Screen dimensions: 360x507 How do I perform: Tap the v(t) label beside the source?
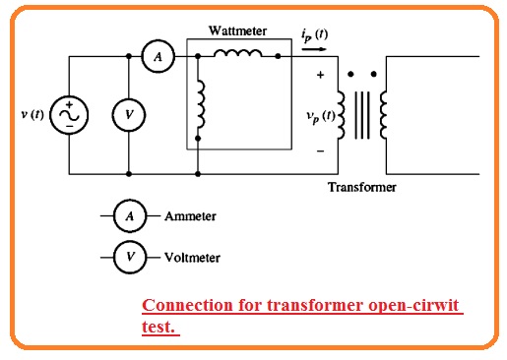pyautogui.click(x=32, y=115)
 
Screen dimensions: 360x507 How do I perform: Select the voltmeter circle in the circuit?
pyautogui.click(x=128, y=115)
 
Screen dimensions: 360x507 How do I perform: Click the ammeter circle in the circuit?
pyautogui.click(x=156, y=58)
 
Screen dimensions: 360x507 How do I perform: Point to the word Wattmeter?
pyautogui.click(x=237, y=31)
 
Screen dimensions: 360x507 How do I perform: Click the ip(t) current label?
pyautogui.click(x=314, y=34)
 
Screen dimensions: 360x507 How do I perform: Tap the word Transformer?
pyautogui.click(x=361, y=187)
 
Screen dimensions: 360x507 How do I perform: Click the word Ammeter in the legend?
pyautogui.click(x=190, y=215)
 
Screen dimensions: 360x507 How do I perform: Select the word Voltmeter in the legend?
pyautogui.click(x=192, y=258)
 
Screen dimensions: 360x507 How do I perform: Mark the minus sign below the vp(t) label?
pyautogui.click(x=319, y=151)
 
